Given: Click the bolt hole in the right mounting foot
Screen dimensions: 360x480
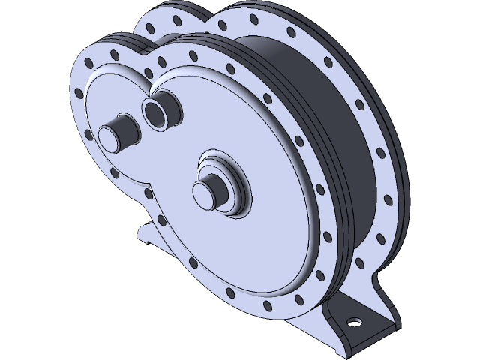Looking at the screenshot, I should point(352,322).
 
